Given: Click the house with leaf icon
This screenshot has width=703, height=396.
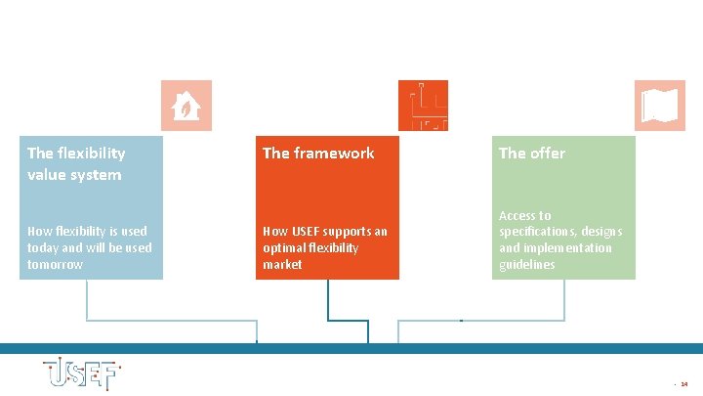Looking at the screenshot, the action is [186, 106].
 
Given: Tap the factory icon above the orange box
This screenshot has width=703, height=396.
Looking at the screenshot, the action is [424, 106].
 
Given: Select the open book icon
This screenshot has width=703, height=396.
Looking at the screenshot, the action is [660, 106].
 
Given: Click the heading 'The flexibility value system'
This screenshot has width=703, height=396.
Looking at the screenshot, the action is [75, 163].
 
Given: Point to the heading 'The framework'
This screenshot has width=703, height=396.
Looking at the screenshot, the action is [318, 154].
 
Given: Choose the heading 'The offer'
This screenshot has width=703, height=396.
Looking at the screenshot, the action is [531, 154].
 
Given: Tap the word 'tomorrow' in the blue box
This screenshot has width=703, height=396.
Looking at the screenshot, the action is [55, 265].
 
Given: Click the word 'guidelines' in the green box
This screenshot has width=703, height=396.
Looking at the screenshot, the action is [526, 265].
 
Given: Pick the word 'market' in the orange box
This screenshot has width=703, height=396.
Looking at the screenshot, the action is [282, 265].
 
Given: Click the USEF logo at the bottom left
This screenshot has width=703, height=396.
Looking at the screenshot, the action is [80, 374].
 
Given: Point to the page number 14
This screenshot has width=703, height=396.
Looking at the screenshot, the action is [683, 384].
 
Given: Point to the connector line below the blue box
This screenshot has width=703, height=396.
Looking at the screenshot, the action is [87, 303].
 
